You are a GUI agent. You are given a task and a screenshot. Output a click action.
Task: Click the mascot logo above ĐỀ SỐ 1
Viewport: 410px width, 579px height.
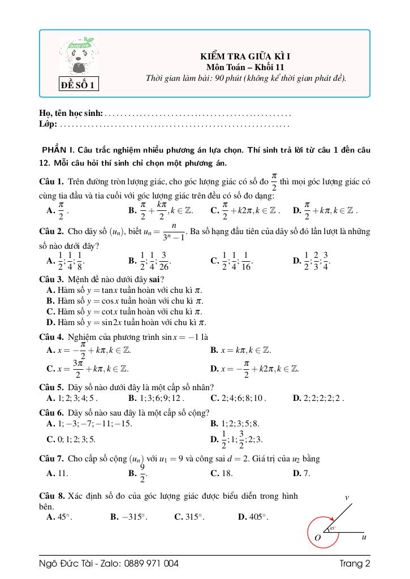tap(79, 57)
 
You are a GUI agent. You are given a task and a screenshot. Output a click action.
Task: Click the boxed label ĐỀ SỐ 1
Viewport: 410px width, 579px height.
tap(79, 85)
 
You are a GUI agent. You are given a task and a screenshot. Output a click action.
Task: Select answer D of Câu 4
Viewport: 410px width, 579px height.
tap(254, 368)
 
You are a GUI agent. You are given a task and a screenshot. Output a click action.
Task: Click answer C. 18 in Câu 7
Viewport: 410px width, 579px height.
tap(221, 473)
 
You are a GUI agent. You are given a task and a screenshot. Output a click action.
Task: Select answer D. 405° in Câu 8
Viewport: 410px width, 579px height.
tap(253, 516)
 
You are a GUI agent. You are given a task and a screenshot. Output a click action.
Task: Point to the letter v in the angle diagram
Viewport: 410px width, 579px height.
tap(347, 498)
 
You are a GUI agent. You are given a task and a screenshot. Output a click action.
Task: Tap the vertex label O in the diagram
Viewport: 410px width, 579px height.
tap(317, 538)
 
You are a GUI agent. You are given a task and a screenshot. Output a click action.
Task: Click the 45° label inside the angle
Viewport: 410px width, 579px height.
tap(333, 529)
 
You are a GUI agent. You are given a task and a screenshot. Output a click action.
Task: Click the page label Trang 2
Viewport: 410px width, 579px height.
tap(355, 563)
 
